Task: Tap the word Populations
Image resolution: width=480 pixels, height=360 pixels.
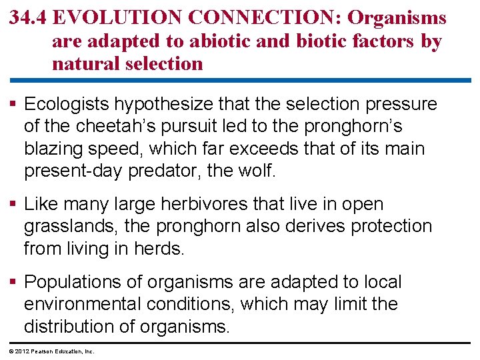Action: pyautogui.click(x=73, y=282)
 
